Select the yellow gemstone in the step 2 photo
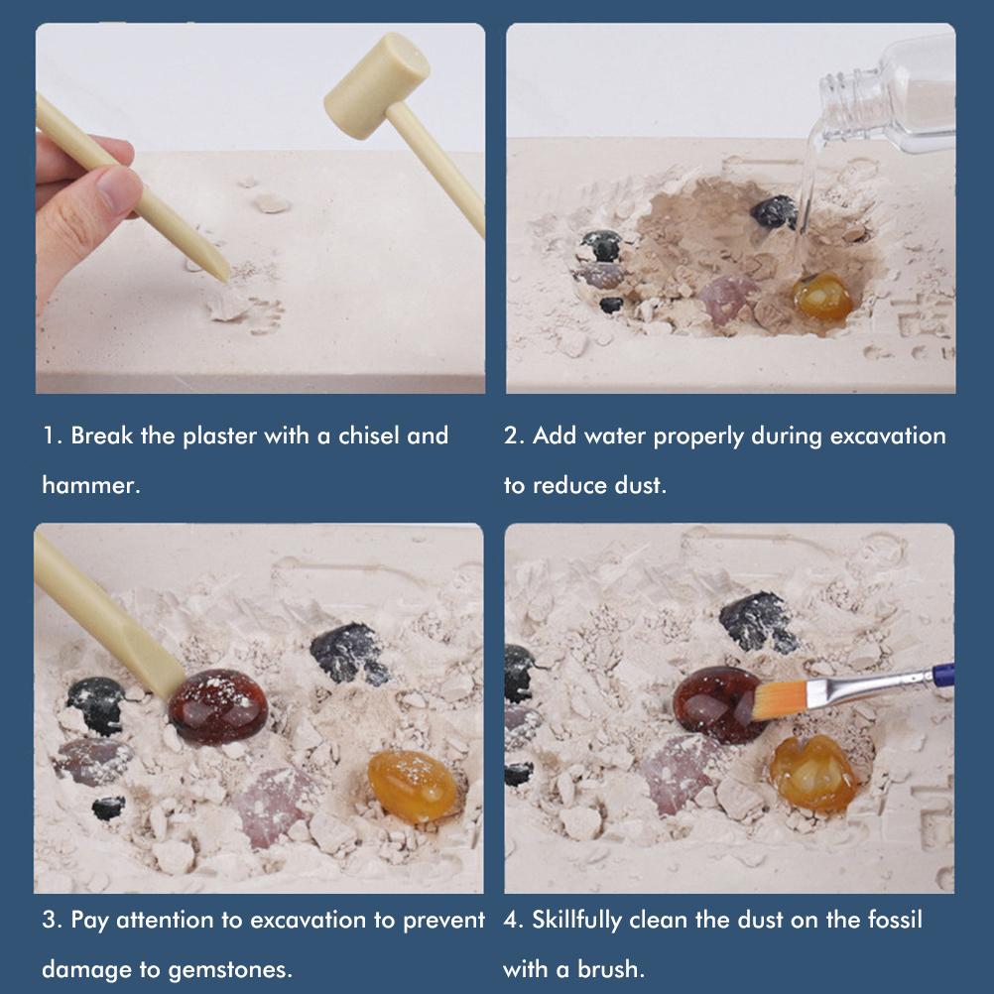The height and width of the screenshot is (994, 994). point(821,296)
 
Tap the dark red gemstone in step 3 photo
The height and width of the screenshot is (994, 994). point(217,706)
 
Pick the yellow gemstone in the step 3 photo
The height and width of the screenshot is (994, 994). point(413,786)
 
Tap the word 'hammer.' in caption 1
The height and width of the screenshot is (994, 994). point(90,485)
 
